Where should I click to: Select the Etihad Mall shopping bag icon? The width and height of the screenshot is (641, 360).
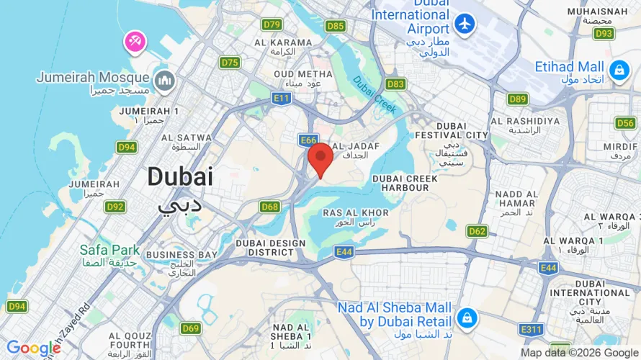618,70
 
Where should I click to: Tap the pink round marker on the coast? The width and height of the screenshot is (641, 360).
135,41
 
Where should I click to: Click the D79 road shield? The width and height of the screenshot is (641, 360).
272,24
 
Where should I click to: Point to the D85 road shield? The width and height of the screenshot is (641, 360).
335,26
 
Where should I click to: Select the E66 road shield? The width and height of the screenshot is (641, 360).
308,139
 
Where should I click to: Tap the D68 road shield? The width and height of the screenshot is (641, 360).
270,207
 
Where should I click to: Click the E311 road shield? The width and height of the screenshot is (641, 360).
532,330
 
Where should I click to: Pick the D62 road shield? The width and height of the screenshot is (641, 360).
477,231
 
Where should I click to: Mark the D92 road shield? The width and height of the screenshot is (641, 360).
115,207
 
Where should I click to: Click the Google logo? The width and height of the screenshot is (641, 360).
33,348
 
